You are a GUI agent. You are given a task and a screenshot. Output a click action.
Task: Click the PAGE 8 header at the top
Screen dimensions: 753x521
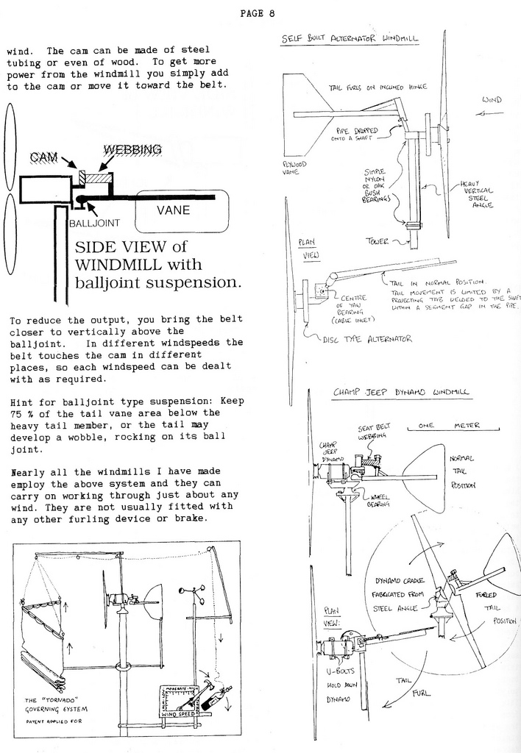coord(257,13)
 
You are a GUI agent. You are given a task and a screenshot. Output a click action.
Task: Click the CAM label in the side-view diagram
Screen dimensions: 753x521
coord(44,157)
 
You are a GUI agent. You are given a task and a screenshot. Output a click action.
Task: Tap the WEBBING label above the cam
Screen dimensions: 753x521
coord(132,150)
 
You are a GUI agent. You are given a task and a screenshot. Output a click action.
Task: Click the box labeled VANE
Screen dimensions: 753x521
coord(174,210)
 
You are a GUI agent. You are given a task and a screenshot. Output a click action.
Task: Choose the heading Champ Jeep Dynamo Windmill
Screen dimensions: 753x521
coord(402,393)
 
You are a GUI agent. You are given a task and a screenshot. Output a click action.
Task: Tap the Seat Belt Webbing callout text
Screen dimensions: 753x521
coord(374,431)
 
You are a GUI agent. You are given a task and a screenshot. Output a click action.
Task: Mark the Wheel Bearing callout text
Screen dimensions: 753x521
coord(380,499)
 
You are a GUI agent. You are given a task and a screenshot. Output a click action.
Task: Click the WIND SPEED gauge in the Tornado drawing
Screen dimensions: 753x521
coord(179,713)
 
